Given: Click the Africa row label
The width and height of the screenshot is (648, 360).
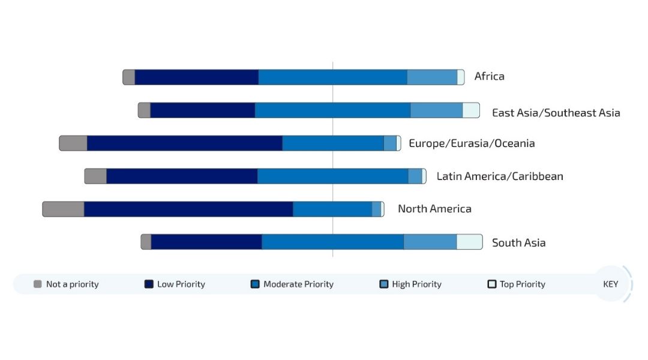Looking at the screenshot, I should coord(489,76).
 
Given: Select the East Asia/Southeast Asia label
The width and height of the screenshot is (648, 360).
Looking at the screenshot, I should coord(556,113).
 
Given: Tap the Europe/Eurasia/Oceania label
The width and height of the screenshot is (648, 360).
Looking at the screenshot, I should coord(472,143).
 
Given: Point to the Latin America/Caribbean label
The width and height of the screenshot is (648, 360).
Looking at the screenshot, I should coord(499,176).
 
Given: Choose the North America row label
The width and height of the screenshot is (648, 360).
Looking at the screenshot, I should coord(434,209).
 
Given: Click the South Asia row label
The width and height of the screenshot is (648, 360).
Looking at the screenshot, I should coord(518,243).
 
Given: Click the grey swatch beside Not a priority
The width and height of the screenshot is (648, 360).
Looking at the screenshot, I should coord(38,284).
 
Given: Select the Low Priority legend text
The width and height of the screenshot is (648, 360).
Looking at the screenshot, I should coord(181,284).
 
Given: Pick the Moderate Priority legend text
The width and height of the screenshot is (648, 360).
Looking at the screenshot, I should coord(298,284).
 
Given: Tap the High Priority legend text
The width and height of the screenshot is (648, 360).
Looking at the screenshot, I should coord(416,284).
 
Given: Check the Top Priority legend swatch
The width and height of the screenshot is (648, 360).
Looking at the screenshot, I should coord(492,284).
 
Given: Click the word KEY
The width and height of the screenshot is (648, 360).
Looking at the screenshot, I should coord(610,284).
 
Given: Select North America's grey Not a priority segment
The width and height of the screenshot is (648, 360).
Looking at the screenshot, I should coord(64,209).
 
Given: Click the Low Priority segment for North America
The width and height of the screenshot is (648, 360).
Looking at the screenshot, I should coord(188,209).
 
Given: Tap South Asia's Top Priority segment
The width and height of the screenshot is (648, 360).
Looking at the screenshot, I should coord(469,242).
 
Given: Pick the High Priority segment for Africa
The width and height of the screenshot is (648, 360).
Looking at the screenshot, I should coord(432,77).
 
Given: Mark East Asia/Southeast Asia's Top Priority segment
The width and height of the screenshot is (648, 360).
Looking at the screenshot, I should coord(470,110).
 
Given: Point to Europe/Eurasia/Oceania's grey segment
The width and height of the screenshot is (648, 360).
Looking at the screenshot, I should coord(73,143).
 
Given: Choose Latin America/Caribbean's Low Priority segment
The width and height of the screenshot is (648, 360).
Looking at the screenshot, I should coord(182,176).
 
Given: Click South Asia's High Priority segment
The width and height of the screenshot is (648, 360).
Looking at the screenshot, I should coord(430,242).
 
